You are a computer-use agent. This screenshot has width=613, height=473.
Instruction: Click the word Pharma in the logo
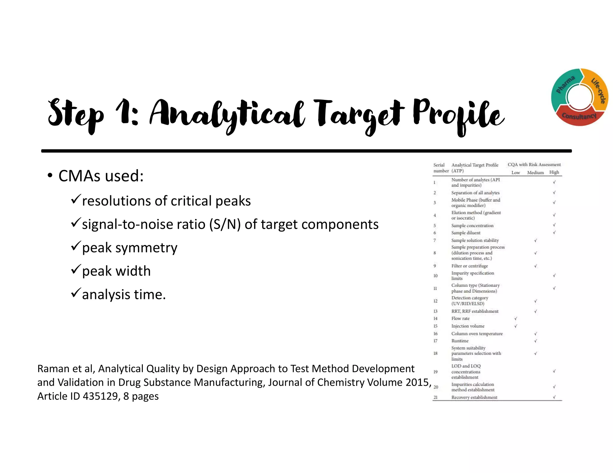pyautogui.click(x=565, y=85)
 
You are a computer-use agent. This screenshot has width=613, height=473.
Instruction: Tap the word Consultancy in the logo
pyautogui.click(x=579, y=116)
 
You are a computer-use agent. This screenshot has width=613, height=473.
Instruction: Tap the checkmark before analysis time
pyautogui.click(x=76, y=292)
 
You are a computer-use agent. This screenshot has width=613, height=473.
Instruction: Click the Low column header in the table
pyautogui.click(x=515, y=173)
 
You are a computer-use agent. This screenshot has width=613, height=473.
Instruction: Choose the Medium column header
pyautogui.click(x=535, y=173)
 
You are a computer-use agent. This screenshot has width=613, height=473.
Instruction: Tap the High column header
pyautogui.click(x=554, y=172)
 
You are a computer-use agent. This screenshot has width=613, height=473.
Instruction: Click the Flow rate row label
pyautogui.click(x=460, y=318)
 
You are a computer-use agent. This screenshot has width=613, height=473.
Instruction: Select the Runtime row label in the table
pyautogui.click(x=460, y=341)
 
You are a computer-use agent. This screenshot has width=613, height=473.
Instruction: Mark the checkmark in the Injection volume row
pyautogui.click(x=515, y=326)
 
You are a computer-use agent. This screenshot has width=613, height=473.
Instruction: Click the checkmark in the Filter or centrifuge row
pyautogui.click(x=535, y=266)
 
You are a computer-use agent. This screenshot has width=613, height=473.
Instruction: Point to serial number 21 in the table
pyautogui.click(x=436, y=397)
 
